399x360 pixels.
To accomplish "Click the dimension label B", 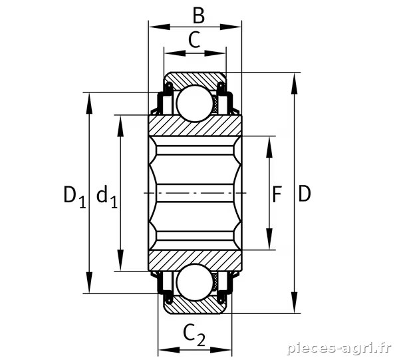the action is tap(198, 16).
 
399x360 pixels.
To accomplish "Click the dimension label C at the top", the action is tap(194, 40).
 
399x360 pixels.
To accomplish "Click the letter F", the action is tap(277, 194).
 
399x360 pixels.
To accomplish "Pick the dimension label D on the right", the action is tap(305, 194).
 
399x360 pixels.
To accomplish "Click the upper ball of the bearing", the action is tap(195, 104).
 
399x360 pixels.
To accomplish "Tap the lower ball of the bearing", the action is tap(195, 282).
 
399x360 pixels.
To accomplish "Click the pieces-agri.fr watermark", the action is tap(338, 348).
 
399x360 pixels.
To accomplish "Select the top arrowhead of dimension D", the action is tap(294, 83).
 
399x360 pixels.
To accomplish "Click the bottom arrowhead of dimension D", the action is tap(294, 303).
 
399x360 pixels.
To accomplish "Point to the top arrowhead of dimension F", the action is tap(269, 147).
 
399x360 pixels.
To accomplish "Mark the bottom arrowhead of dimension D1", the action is tap(89, 283).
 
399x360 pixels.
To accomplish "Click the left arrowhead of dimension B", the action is tap(160, 27).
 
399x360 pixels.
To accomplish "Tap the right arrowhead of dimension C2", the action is tap(221, 349).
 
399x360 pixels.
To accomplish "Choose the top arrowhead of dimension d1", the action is tap(120, 126).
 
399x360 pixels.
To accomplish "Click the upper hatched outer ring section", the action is tap(195, 79).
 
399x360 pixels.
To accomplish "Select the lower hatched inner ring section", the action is tap(195, 261).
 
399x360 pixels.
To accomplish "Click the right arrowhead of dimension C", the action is tap(215, 53).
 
